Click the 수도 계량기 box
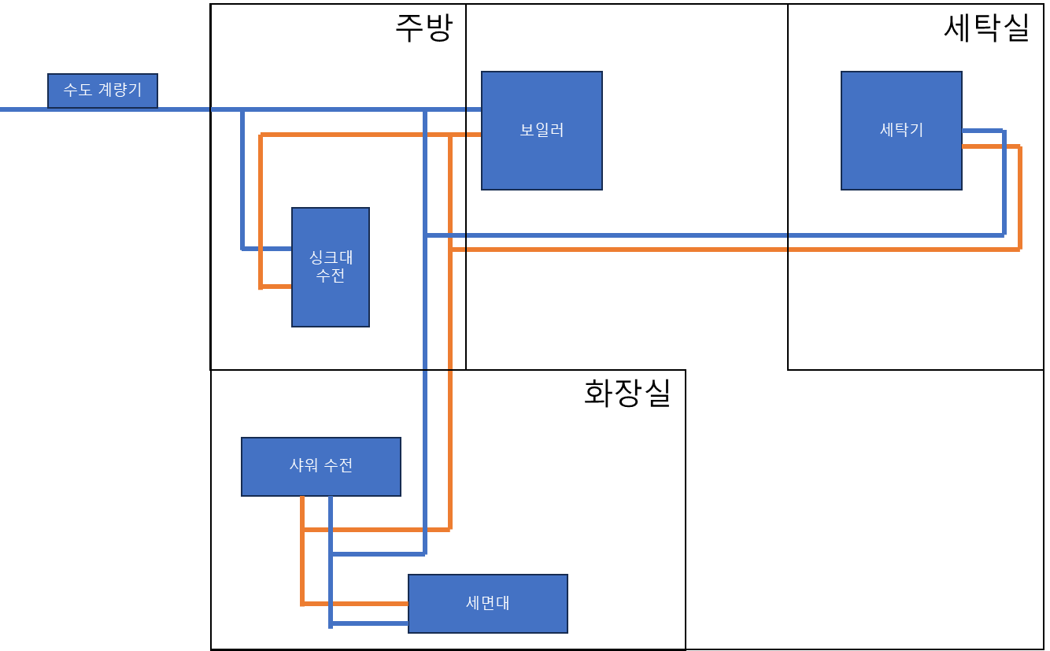click(102, 91)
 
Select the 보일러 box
click(542, 131)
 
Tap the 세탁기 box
click(901, 131)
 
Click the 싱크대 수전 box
click(331, 267)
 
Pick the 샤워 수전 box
click(321, 466)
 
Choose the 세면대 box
click(488, 604)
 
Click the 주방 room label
click(423, 28)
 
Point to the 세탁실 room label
click(986, 28)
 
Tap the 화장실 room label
click(627, 393)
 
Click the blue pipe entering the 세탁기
click(982, 130)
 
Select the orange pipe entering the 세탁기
click(990, 146)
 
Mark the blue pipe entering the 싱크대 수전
click(268, 249)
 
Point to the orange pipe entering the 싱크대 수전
click(276, 287)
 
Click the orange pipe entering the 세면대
click(354, 604)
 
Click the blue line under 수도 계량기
click(102, 109)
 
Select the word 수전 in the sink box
click(331, 276)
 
